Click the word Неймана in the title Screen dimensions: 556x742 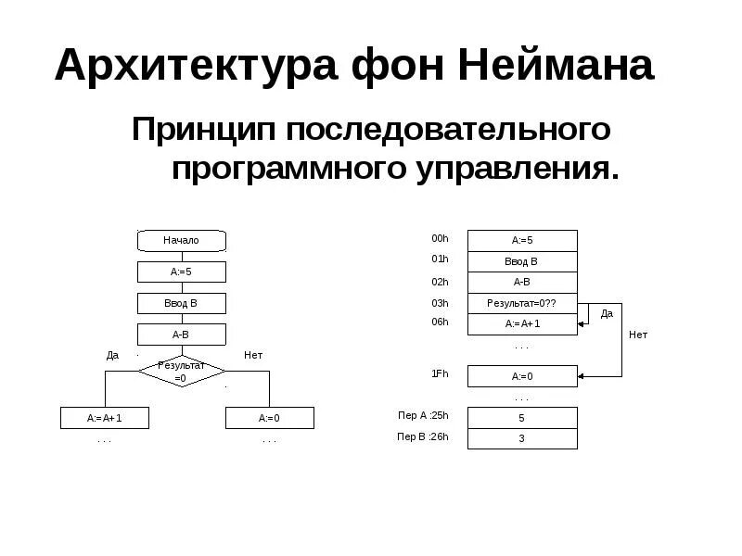[556, 67]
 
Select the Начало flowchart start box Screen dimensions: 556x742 [181, 240]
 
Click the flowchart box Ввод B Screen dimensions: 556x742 [181, 303]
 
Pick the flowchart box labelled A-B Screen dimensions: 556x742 [181, 335]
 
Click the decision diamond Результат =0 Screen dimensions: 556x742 [181, 372]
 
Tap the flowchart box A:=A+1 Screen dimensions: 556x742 [105, 418]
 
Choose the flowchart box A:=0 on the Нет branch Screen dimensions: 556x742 [269, 418]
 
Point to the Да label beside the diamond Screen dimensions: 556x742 [112, 355]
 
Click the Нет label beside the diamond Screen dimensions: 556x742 [253, 355]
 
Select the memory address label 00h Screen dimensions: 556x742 [440, 239]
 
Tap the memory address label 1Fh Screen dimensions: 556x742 [440, 373]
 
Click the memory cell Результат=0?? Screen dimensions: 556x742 [522, 303]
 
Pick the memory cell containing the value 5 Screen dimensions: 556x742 [522, 418]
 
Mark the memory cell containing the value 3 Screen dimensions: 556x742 [522, 438]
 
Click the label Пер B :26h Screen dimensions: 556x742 [423, 436]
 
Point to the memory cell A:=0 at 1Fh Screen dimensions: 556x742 [522, 376]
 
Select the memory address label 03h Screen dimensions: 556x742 [440, 303]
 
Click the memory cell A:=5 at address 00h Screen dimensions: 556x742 [522, 240]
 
